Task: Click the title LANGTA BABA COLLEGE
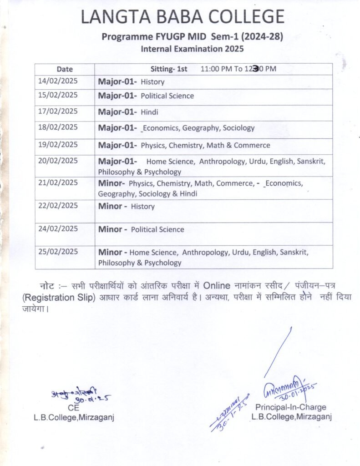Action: point(183,17)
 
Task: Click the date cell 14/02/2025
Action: point(58,81)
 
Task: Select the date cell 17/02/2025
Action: point(58,111)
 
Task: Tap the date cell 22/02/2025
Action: point(58,205)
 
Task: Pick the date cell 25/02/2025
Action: point(58,251)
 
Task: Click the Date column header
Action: point(65,69)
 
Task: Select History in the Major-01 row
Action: point(152,82)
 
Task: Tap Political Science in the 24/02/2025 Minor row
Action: point(157,229)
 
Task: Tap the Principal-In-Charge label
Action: point(290,407)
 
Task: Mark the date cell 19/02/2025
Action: point(58,145)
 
